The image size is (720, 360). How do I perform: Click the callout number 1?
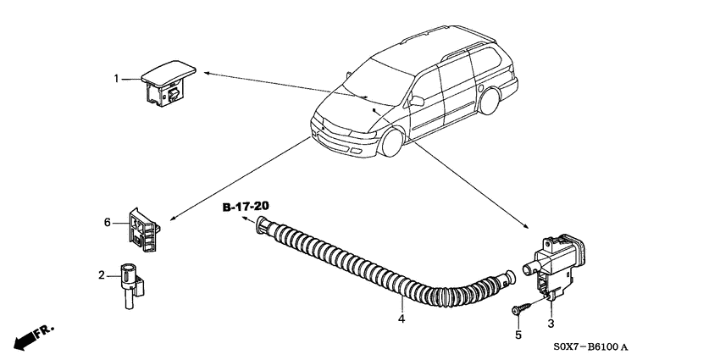coord(117,79)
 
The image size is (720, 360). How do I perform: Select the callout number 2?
coord(102,275)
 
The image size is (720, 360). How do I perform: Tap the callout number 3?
coord(551,324)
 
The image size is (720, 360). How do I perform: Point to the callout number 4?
coord(402,318)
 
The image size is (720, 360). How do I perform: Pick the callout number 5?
coord(518,335)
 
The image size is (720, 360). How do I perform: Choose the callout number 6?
coord(108,223)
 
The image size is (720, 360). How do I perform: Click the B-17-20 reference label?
coord(246,207)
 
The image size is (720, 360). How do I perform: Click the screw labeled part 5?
coord(521,307)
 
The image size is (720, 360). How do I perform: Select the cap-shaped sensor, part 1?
coord(168,84)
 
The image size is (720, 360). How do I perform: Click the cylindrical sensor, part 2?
coord(131,285)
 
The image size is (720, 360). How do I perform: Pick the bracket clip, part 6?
coord(144,230)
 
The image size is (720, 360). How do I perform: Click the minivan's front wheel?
coord(391,142)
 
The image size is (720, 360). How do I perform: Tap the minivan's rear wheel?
coord(489,101)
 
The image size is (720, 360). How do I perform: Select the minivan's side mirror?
coord(417,101)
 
